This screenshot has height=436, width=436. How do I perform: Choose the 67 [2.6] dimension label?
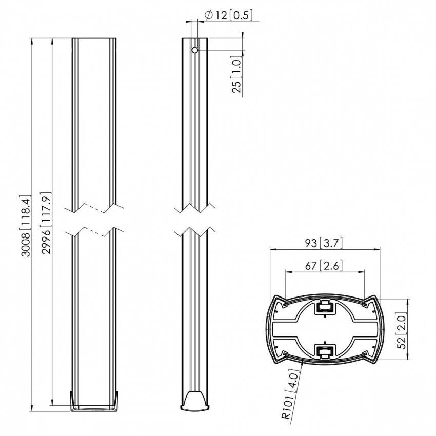click(x=325, y=266)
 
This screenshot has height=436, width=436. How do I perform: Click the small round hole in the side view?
click(x=195, y=50)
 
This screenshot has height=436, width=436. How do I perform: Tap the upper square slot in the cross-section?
click(x=324, y=307)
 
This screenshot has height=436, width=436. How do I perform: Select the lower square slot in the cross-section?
click(x=324, y=352)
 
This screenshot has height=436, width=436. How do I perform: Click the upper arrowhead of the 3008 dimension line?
click(x=32, y=41)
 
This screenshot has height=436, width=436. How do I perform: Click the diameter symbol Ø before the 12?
click(x=209, y=16)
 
